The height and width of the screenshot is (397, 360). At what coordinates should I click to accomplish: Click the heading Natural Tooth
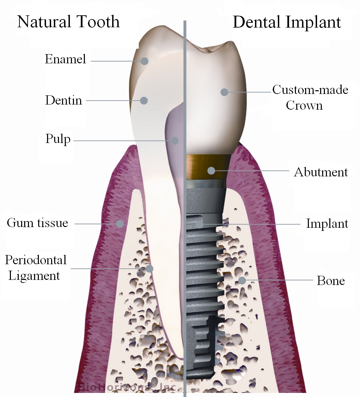click(x=69, y=21)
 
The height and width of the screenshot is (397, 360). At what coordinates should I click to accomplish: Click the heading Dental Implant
click(x=287, y=22)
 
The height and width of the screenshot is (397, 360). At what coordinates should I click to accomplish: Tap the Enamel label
click(x=65, y=59)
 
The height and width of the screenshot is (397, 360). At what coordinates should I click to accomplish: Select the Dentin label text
click(x=64, y=100)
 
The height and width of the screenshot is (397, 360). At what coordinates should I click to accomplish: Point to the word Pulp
click(x=58, y=139)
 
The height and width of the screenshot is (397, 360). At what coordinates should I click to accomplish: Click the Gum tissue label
click(x=37, y=223)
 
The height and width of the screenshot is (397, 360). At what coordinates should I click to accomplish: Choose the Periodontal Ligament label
click(x=36, y=268)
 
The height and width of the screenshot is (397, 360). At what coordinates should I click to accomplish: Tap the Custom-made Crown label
click(x=310, y=97)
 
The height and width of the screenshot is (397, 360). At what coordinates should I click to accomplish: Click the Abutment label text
click(x=321, y=172)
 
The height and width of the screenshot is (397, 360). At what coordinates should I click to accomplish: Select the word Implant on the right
click(x=327, y=224)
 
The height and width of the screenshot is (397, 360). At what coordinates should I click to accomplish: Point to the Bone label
click(x=331, y=281)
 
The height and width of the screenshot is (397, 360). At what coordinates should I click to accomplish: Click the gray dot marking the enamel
click(x=145, y=61)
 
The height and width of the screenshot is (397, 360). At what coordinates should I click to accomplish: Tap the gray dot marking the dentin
click(x=144, y=100)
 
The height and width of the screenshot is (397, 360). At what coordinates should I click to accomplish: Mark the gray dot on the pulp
click(x=175, y=141)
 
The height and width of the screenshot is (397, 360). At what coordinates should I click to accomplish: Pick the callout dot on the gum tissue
click(x=120, y=224)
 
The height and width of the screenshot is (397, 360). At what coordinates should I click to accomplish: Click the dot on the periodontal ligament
click(x=150, y=269)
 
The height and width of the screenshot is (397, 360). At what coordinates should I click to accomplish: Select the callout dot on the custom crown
click(x=224, y=92)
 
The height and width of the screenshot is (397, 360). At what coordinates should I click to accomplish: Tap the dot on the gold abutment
click(x=211, y=171)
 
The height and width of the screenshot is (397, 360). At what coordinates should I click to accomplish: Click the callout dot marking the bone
click(x=242, y=280)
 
